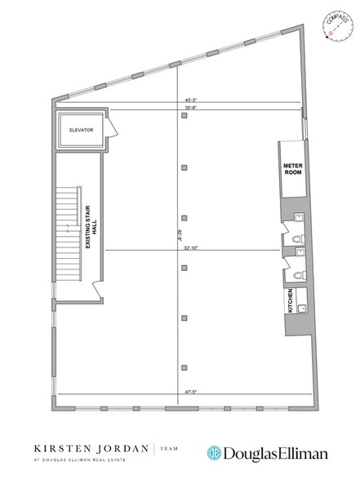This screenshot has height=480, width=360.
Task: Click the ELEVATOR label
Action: click(x=81, y=130)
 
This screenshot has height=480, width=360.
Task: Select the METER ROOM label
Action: click(x=293, y=168)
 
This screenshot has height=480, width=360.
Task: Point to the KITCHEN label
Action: click(x=290, y=302)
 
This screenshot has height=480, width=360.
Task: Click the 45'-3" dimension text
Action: click(x=193, y=101)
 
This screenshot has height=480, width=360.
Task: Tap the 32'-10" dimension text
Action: click(x=193, y=247)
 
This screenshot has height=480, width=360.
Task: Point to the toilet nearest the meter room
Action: click(x=299, y=218)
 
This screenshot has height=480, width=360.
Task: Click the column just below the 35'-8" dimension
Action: click(x=185, y=118)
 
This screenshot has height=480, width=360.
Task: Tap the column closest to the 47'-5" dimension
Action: click(x=185, y=367)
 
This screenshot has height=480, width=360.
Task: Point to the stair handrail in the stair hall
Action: click(x=79, y=233)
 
